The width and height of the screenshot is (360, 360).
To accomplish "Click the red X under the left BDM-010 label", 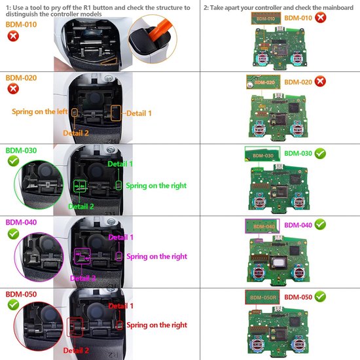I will point(12,35).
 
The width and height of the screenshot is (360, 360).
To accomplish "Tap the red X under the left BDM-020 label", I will point(12,90).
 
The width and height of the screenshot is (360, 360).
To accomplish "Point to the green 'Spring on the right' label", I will point(156,186).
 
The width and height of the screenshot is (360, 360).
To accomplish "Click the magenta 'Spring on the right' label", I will point(156,256).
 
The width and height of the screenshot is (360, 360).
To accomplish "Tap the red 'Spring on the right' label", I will point(156,325).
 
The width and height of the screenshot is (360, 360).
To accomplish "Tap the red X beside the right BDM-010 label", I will point(320,18).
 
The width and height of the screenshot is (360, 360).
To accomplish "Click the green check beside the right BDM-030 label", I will point(321,153).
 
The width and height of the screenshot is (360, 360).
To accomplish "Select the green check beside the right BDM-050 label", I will point(321,297).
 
